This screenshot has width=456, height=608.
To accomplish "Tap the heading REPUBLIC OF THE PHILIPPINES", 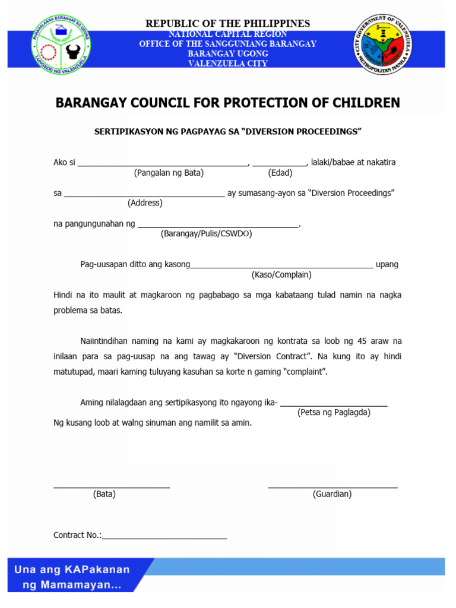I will click(228, 23).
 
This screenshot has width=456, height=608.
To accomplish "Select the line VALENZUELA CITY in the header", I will click(228, 64).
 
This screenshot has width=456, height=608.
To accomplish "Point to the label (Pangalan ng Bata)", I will click(169, 173).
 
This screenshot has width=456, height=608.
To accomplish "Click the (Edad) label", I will click(280, 173).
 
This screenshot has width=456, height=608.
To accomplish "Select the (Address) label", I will click(145, 203).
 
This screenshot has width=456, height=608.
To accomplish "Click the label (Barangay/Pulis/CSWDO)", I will click(207, 234).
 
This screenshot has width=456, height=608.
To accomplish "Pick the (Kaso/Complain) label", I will click(281, 275).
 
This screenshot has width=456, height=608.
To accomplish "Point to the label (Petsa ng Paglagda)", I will click(334, 412).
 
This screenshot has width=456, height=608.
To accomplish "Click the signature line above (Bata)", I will click(112, 487).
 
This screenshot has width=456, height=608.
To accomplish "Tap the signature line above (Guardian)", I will click(332, 487).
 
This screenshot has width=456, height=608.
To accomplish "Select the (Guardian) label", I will click(332, 494).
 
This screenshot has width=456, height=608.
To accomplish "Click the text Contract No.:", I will click(77, 535).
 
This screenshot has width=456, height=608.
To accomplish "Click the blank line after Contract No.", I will click(164, 537).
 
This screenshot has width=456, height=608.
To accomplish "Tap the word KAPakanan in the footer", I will click(96, 570).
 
